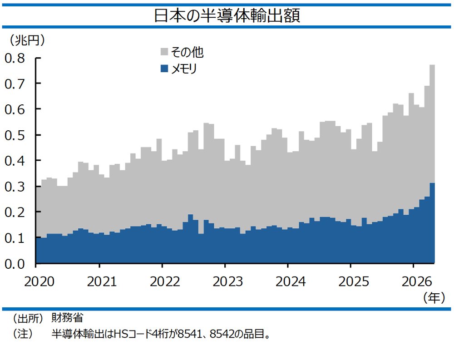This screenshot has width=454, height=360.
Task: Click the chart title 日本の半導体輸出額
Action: (x=227, y=15)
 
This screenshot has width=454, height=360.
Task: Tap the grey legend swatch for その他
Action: (x=164, y=52)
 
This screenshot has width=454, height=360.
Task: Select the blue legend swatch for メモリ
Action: (x=164, y=69)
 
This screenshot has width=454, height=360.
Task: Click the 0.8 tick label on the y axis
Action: (x=15, y=58)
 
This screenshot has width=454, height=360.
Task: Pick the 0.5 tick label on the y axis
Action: (x=15, y=135)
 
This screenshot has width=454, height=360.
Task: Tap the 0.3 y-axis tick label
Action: (x=15, y=187)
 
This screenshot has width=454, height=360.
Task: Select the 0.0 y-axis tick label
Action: (x=15, y=264)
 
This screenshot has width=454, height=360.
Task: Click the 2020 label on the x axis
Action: (x=39, y=281)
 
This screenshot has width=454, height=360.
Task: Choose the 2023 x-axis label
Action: (x=228, y=281)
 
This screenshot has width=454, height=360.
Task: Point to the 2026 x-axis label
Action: (x=417, y=281)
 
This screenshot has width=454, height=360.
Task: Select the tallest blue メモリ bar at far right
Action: (x=432, y=223)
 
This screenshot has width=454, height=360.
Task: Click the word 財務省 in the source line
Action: (x=68, y=318)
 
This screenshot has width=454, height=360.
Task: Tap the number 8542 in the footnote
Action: (x=222, y=334)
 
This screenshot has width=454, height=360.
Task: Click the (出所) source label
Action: (x=28, y=318)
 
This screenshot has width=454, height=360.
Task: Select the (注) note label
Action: (x=22, y=334)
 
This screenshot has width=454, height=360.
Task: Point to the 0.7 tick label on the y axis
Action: (x=15, y=84)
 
